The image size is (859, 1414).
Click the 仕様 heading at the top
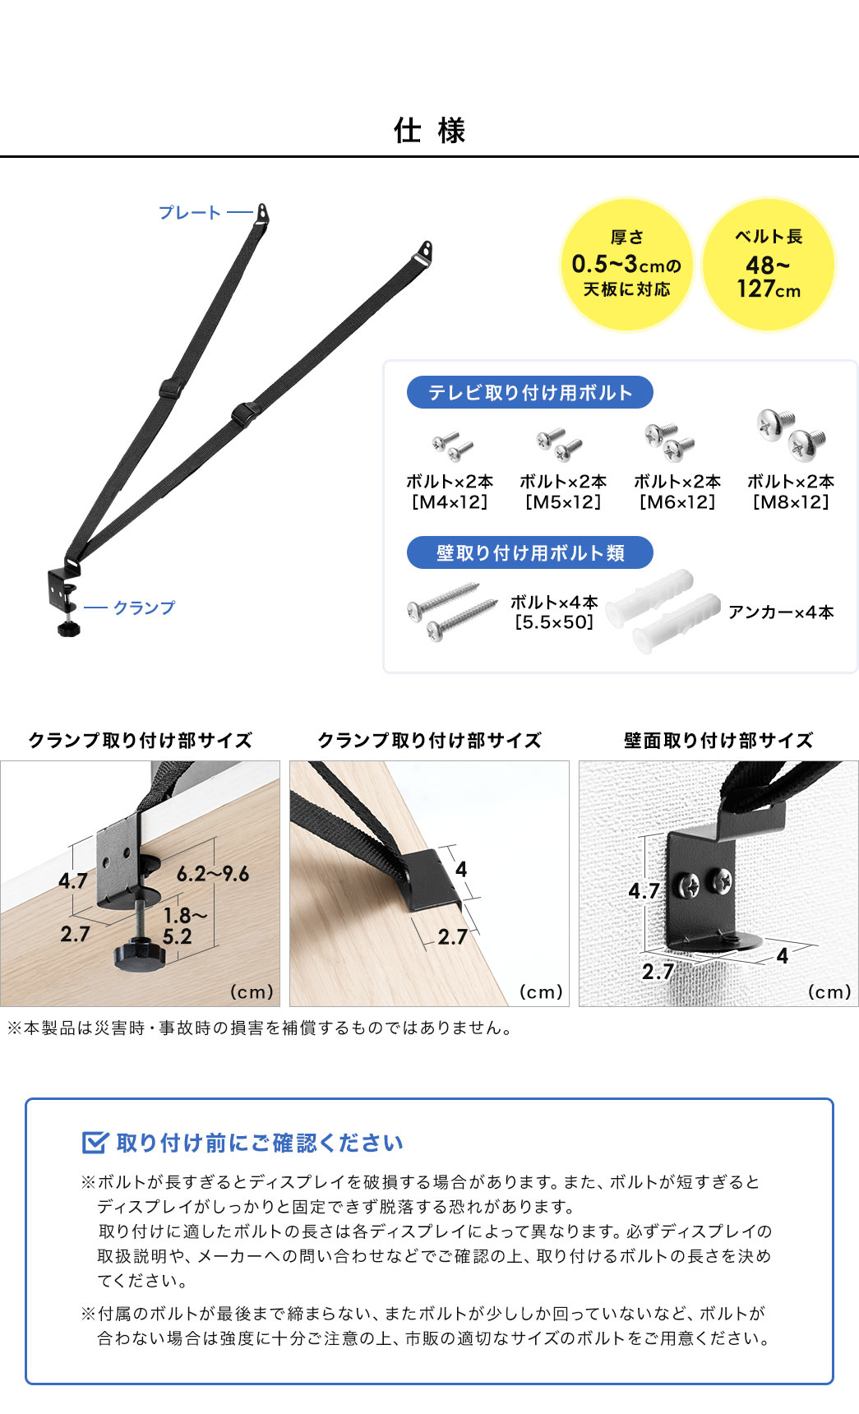tap(429, 131)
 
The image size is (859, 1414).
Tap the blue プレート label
tap(190, 213)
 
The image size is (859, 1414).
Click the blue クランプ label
tap(144, 608)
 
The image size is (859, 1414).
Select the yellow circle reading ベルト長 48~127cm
tap(769, 265)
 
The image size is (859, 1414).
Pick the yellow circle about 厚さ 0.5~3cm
tap(626, 265)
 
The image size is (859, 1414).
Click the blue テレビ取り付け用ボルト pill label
tap(529, 393)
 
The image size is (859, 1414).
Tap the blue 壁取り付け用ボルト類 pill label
tap(529, 553)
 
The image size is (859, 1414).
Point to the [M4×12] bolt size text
tap(450, 502)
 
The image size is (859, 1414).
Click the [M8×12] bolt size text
tap(791, 502)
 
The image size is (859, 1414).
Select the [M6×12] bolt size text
tap(677, 502)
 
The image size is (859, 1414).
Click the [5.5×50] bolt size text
tap(554, 622)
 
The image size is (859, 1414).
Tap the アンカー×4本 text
tap(781, 612)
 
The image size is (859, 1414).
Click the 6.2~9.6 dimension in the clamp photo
tap(213, 874)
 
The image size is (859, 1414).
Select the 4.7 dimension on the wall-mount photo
tap(644, 891)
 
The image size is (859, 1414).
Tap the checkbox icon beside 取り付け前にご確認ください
tap(95, 1143)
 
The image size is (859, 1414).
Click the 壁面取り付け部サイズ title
tap(718, 741)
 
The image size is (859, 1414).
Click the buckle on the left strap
tap(170, 388)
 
